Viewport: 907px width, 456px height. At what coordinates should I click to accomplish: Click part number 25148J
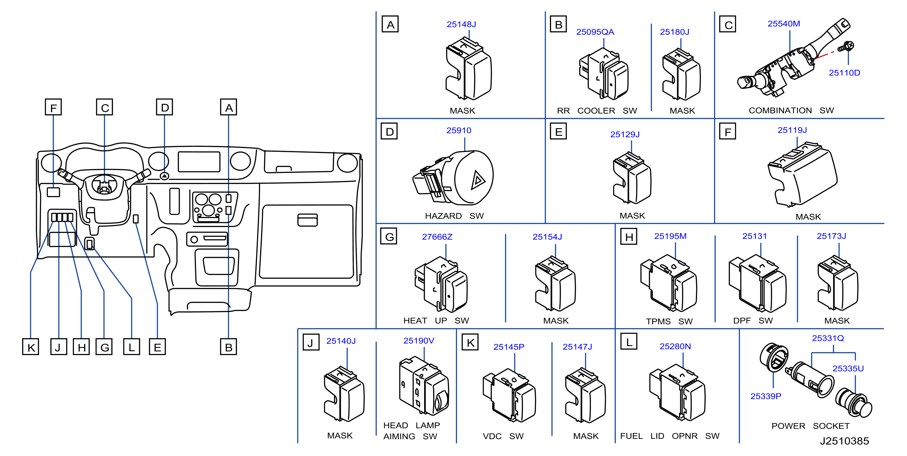point(461,24)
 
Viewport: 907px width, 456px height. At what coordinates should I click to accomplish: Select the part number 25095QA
point(595,32)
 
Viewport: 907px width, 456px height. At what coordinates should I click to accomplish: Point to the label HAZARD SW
point(454,216)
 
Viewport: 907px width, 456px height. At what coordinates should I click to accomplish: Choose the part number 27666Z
point(437,237)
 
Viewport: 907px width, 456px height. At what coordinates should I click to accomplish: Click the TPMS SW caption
point(669,321)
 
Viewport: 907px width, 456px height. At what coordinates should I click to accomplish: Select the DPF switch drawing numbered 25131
point(757,283)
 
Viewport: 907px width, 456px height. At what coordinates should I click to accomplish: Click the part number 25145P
point(509,347)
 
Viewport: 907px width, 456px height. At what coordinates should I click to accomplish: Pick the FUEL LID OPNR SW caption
point(670,436)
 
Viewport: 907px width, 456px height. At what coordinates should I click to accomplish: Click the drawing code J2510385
point(844,441)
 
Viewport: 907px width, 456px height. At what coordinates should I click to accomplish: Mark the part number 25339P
point(766,396)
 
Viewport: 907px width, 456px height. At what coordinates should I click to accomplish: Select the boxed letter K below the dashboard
point(31,347)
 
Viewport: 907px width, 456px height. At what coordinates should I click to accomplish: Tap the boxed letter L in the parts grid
point(629,342)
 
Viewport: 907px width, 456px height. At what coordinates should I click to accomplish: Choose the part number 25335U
point(848,368)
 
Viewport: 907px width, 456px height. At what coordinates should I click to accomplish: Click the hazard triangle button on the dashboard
point(164,175)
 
